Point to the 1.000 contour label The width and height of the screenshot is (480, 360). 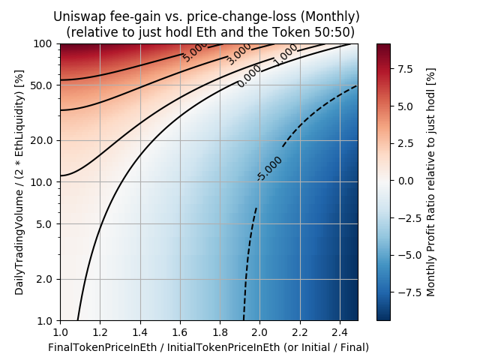286,52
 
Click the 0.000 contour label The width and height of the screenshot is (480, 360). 250,76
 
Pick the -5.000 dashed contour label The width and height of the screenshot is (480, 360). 268,169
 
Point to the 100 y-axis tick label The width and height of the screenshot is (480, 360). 42,43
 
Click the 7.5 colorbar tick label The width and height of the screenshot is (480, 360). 406,70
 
